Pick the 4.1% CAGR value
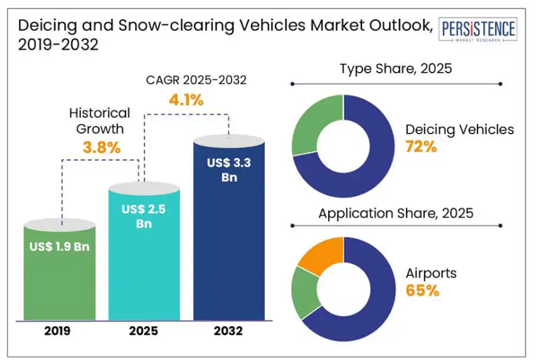coord(186,99)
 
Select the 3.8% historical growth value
coord(101,148)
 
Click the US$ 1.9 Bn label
coord(60,246)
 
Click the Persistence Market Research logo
coord(479,31)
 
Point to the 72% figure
coord(421,147)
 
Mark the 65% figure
coord(422,291)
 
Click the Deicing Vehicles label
coord(459,130)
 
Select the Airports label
coord(431,273)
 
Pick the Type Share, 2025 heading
coord(395,69)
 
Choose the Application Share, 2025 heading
coord(395,213)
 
